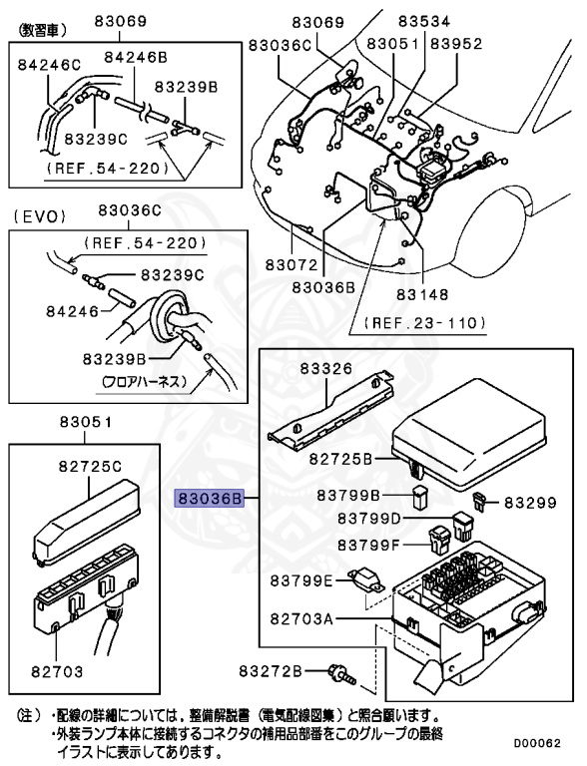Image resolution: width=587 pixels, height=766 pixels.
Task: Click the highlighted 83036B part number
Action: (x=209, y=497)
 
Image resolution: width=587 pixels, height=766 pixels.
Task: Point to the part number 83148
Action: (x=420, y=294)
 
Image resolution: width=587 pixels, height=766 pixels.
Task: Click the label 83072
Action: (x=291, y=266)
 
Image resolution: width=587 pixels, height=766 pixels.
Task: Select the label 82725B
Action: (x=340, y=459)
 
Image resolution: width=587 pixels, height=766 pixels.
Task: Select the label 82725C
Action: (x=89, y=466)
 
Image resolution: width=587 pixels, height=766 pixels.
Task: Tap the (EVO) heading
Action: (x=35, y=215)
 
